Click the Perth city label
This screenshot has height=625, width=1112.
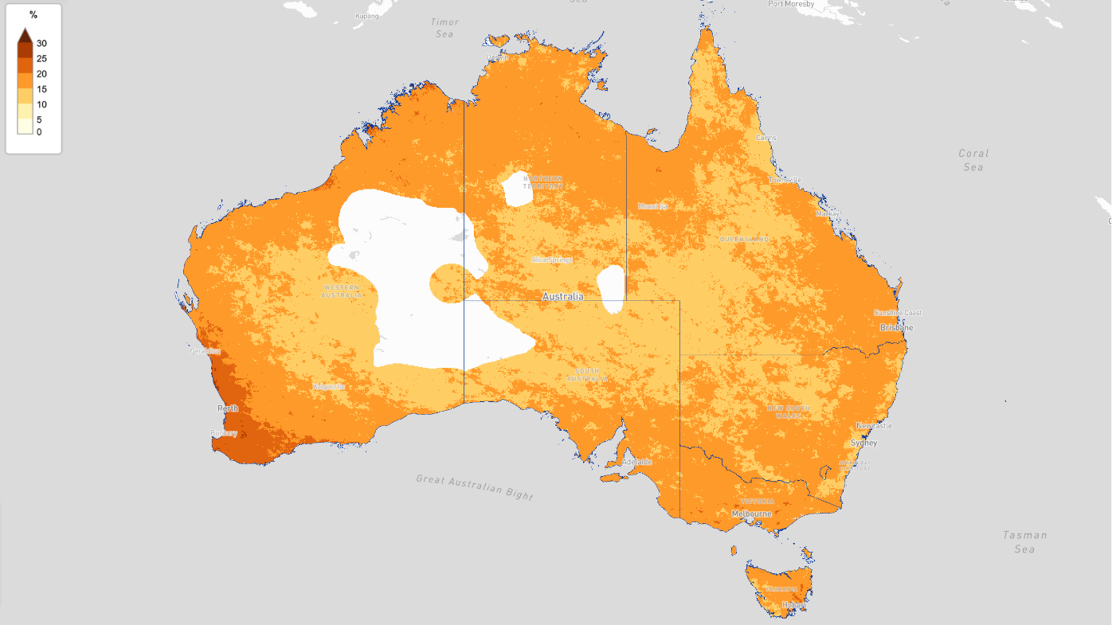pos(228,408)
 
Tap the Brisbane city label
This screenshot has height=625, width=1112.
pos(896,328)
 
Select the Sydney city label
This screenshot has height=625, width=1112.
pos(863,443)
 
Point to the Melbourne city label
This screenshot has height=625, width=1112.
pos(751,514)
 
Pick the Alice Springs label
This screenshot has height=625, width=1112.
pos(552,260)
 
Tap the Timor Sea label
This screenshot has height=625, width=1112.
pos(444,28)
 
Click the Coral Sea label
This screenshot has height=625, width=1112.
pos(973,160)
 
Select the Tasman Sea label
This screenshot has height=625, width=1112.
pos(1024,542)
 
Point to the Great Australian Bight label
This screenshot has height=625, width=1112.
pos(474,487)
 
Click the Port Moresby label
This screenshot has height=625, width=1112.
pos(791,4)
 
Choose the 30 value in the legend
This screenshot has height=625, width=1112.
pos(41,44)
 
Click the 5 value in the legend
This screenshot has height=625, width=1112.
pos(39,119)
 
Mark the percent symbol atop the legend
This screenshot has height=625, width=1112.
pos(33,15)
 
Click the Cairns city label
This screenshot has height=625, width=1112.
pos(765,138)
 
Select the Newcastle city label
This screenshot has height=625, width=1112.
pos(874,426)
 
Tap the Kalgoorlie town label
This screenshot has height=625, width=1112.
pos(329,387)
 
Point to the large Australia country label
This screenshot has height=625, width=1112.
pos(562,296)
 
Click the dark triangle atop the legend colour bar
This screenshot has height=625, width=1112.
pos(25,35)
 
